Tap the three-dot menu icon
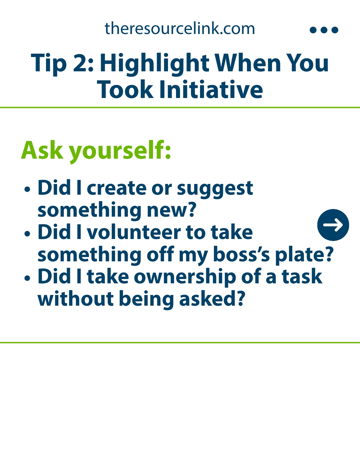point(324,30)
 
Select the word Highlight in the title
point(155,64)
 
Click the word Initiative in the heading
point(211,89)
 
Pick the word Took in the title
point(125,89)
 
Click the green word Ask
point(42,150)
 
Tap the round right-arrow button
point(333,225)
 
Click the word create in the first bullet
point(117,188)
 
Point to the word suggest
point(215,189)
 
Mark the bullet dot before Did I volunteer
point(27,233)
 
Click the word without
point(76,299)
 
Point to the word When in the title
point(248,63)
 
